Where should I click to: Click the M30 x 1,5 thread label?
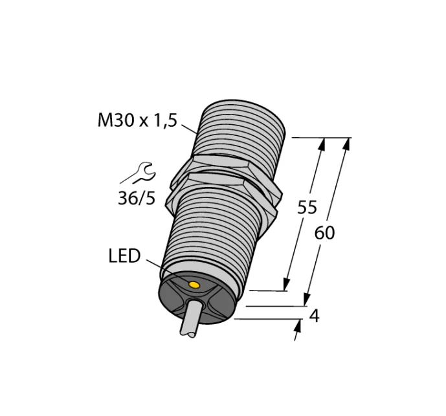pyautogui.click(x=137, y=120)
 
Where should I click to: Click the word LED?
pyautogui.click(x=124, y=256)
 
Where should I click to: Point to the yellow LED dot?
pyautogui.click(x=194, y=285)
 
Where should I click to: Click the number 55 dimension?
pyautogui.click(x=307, y=207)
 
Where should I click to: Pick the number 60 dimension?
pyautogui.click(x=324, y=233)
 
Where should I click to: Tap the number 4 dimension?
pyautogui.click(x=315, y=316)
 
